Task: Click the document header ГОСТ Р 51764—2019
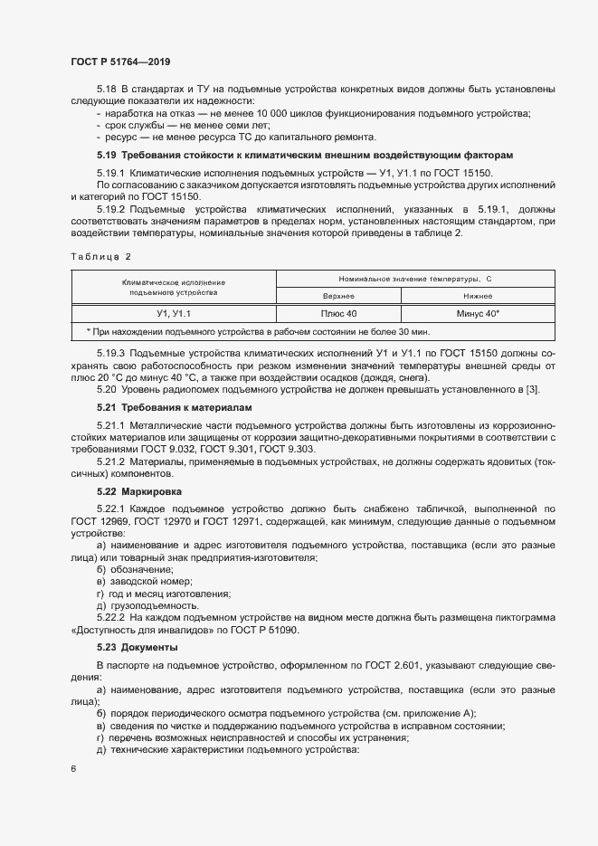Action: pos(119,62)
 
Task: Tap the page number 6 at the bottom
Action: pos(73,768)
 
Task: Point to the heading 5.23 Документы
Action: pos(138,647)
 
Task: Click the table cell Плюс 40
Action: pos(339,313)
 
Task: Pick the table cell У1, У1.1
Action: pos(175,313)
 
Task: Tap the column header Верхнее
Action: pos(339,295)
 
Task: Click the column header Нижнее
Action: pos(479,295)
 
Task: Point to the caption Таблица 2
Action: pos(101,257)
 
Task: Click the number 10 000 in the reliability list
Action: pos(267,113)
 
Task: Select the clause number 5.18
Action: pos(107,89)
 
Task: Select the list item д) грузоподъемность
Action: pos(147,604)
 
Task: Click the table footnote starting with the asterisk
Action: pos(250,331)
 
